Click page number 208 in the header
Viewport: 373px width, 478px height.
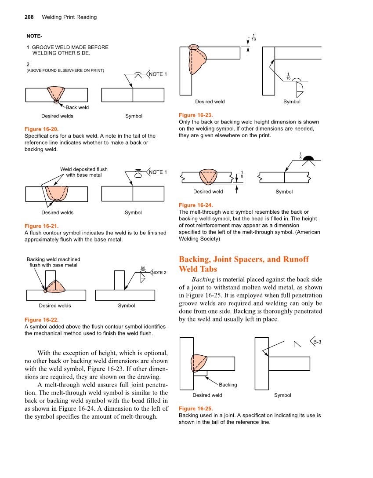(x=29, y=17)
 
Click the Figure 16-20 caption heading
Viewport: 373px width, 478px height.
(x=41, y=129)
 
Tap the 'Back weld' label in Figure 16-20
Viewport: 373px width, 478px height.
(x=77, y=107)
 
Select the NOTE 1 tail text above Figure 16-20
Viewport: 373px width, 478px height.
(x=158, y=74)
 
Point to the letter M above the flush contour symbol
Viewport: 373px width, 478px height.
(x=143, y=268)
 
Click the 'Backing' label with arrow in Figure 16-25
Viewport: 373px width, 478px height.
(x=228, y=385)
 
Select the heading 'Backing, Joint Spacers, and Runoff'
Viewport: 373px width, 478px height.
(x=244, y=259)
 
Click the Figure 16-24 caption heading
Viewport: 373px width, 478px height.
(x=196, y=205)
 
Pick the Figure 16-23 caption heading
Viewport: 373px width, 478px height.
(x=196, y=115)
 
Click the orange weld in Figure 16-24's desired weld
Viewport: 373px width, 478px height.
(x=207, y=176)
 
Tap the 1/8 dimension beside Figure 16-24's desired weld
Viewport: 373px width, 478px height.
(x=242, y=175)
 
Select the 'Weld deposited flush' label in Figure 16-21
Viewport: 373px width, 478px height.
(x=83, y=169)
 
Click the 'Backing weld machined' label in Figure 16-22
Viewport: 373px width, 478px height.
(x=53, y=259)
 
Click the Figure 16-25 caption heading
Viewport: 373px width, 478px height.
(x=196, y=409)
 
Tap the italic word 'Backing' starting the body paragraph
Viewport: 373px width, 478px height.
(x=203, y=279)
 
